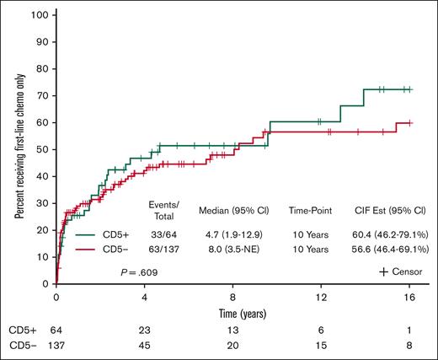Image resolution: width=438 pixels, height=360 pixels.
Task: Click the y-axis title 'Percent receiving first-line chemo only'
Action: tap(19, 149)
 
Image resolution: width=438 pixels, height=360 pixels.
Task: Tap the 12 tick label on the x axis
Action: tap(321, 298)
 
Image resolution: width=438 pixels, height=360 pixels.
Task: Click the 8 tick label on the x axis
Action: tap(232, 298)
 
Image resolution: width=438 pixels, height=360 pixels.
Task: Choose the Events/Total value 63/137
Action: tap(163, 250)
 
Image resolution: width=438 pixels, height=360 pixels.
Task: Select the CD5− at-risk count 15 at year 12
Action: tap(321, 346)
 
